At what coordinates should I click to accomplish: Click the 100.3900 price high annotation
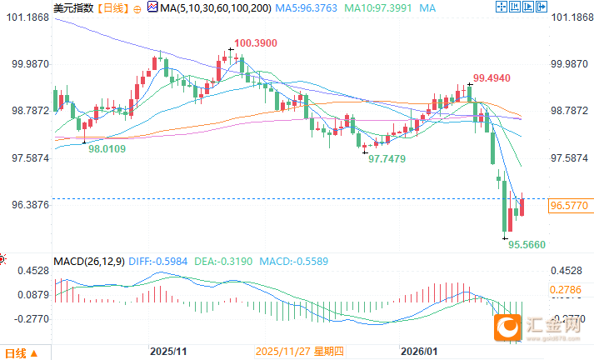(x=256, y=43)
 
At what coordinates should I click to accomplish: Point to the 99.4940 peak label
(x=492, y=78)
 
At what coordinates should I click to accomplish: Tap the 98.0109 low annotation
(x=107, y=148)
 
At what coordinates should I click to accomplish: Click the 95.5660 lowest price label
(x=527, y=245)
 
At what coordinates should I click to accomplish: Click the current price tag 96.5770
(x=571, y=204)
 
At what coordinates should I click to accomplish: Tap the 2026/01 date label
(x=418, y=351)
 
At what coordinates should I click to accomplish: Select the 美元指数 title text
(x=72, y=7)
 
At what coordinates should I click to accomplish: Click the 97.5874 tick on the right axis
(x=571, y=157)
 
